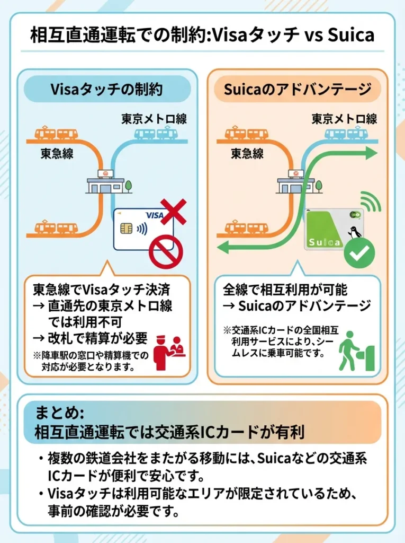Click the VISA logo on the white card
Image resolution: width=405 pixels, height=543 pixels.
[x=154, y=216]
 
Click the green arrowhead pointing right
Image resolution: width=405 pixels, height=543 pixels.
[x=371, y=153]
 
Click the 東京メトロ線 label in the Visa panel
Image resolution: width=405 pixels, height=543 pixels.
[x=154, y=118]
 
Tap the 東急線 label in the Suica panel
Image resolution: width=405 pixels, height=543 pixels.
[x=247, y=154]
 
